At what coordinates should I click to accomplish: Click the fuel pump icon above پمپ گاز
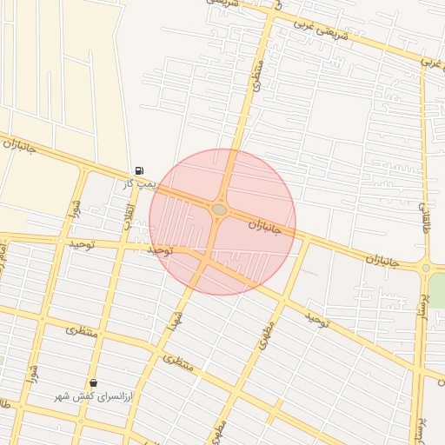coord(139,170)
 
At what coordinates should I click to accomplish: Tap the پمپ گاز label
coord(138,184)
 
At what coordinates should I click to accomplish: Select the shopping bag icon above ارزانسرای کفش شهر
coord(93,382)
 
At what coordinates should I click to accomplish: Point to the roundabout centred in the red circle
coord(219,209)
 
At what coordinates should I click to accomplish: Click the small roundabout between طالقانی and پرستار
coord(426,268)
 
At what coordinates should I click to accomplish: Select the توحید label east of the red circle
coord(318,320)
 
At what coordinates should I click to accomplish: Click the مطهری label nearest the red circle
coord(265,335)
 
